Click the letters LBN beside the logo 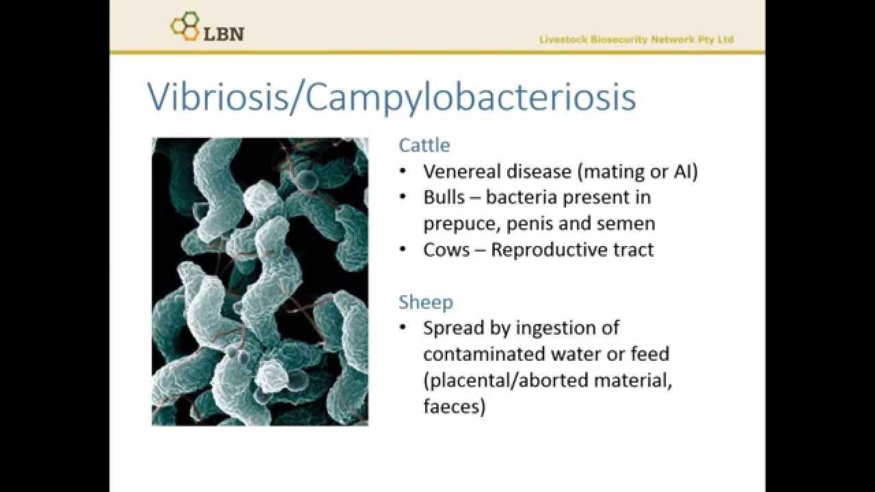[x=224, y=33]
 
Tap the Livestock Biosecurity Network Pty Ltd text [x=636, y=40]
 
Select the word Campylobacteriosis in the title [x=471, y=98]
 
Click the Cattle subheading [x=425, y=145]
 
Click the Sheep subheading [x=425, y=302]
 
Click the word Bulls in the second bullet [x=444, y=197]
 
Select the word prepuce [x=454, y=224]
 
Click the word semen [x=625, y=223]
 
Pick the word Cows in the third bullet [x=446, y=250]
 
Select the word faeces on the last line [x=454, y=407]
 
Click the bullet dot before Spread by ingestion [x=405, y=329]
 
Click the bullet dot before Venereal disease [x=405, y=172]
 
